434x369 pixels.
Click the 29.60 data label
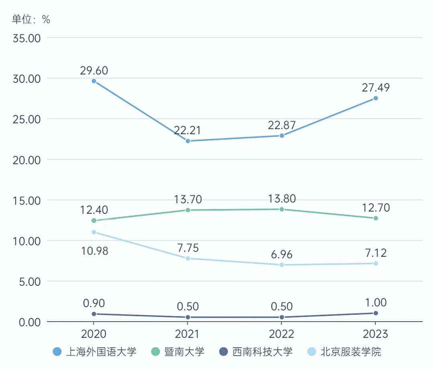(94, 71)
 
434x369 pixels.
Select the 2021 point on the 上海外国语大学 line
(188, 141)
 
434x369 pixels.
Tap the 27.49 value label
(376, 88)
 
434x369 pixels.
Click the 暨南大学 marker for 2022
(282, 209)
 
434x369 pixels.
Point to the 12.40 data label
(94, 210)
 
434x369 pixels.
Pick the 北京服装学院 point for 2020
(94, 232)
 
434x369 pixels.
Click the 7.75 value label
(188, 248)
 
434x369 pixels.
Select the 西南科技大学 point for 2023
(376, 313)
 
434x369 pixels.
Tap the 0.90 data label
(94, 303)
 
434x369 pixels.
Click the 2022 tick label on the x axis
(282, 334)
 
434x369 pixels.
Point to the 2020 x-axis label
(94, 334)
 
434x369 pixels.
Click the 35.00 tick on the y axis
(27, 38)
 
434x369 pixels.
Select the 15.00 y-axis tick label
(27, 200)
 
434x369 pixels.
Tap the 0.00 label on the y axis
(29, 322)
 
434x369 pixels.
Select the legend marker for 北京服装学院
(312, 352)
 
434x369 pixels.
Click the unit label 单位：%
(31, 19)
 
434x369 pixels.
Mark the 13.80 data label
(282, 199)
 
